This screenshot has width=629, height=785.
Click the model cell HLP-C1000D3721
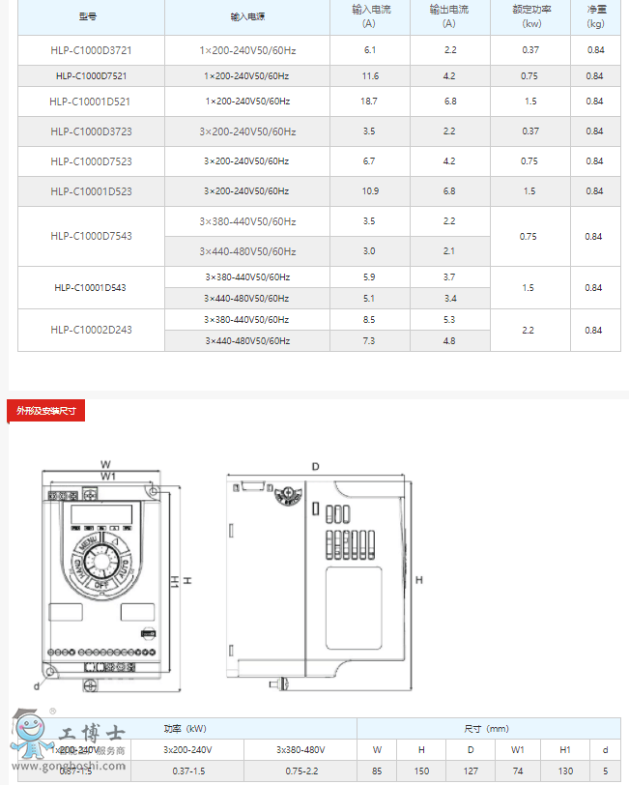[x=91, y=49]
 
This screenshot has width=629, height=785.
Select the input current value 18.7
[x=369, y=101]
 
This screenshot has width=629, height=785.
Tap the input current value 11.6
[x=370, y=75]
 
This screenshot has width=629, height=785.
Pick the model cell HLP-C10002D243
[x=91, y=330]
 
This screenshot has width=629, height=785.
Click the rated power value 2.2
[x=528, y=330]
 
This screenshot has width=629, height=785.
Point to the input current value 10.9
[x=369, y=191]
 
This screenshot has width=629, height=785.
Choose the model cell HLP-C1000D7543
[x=91, y=236]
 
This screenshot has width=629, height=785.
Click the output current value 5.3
[x=449, y=319]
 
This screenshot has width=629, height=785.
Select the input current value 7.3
[x=369, y=340]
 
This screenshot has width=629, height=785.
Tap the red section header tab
[x=46, y=411]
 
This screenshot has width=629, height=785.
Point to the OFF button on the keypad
[x=100, y=584]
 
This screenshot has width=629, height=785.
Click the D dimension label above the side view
[x=315, y=466]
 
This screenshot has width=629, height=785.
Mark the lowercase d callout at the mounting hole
[x=36, y=684]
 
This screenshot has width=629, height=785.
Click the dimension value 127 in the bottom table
[x=471, y=770]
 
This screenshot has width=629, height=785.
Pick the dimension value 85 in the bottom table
[x=377, y=770]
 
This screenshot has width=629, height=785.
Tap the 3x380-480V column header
[x=300, y=749]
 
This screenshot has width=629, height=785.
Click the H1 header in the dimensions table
[x=565, y=749]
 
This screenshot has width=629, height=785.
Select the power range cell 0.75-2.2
[x=300, y=770]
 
